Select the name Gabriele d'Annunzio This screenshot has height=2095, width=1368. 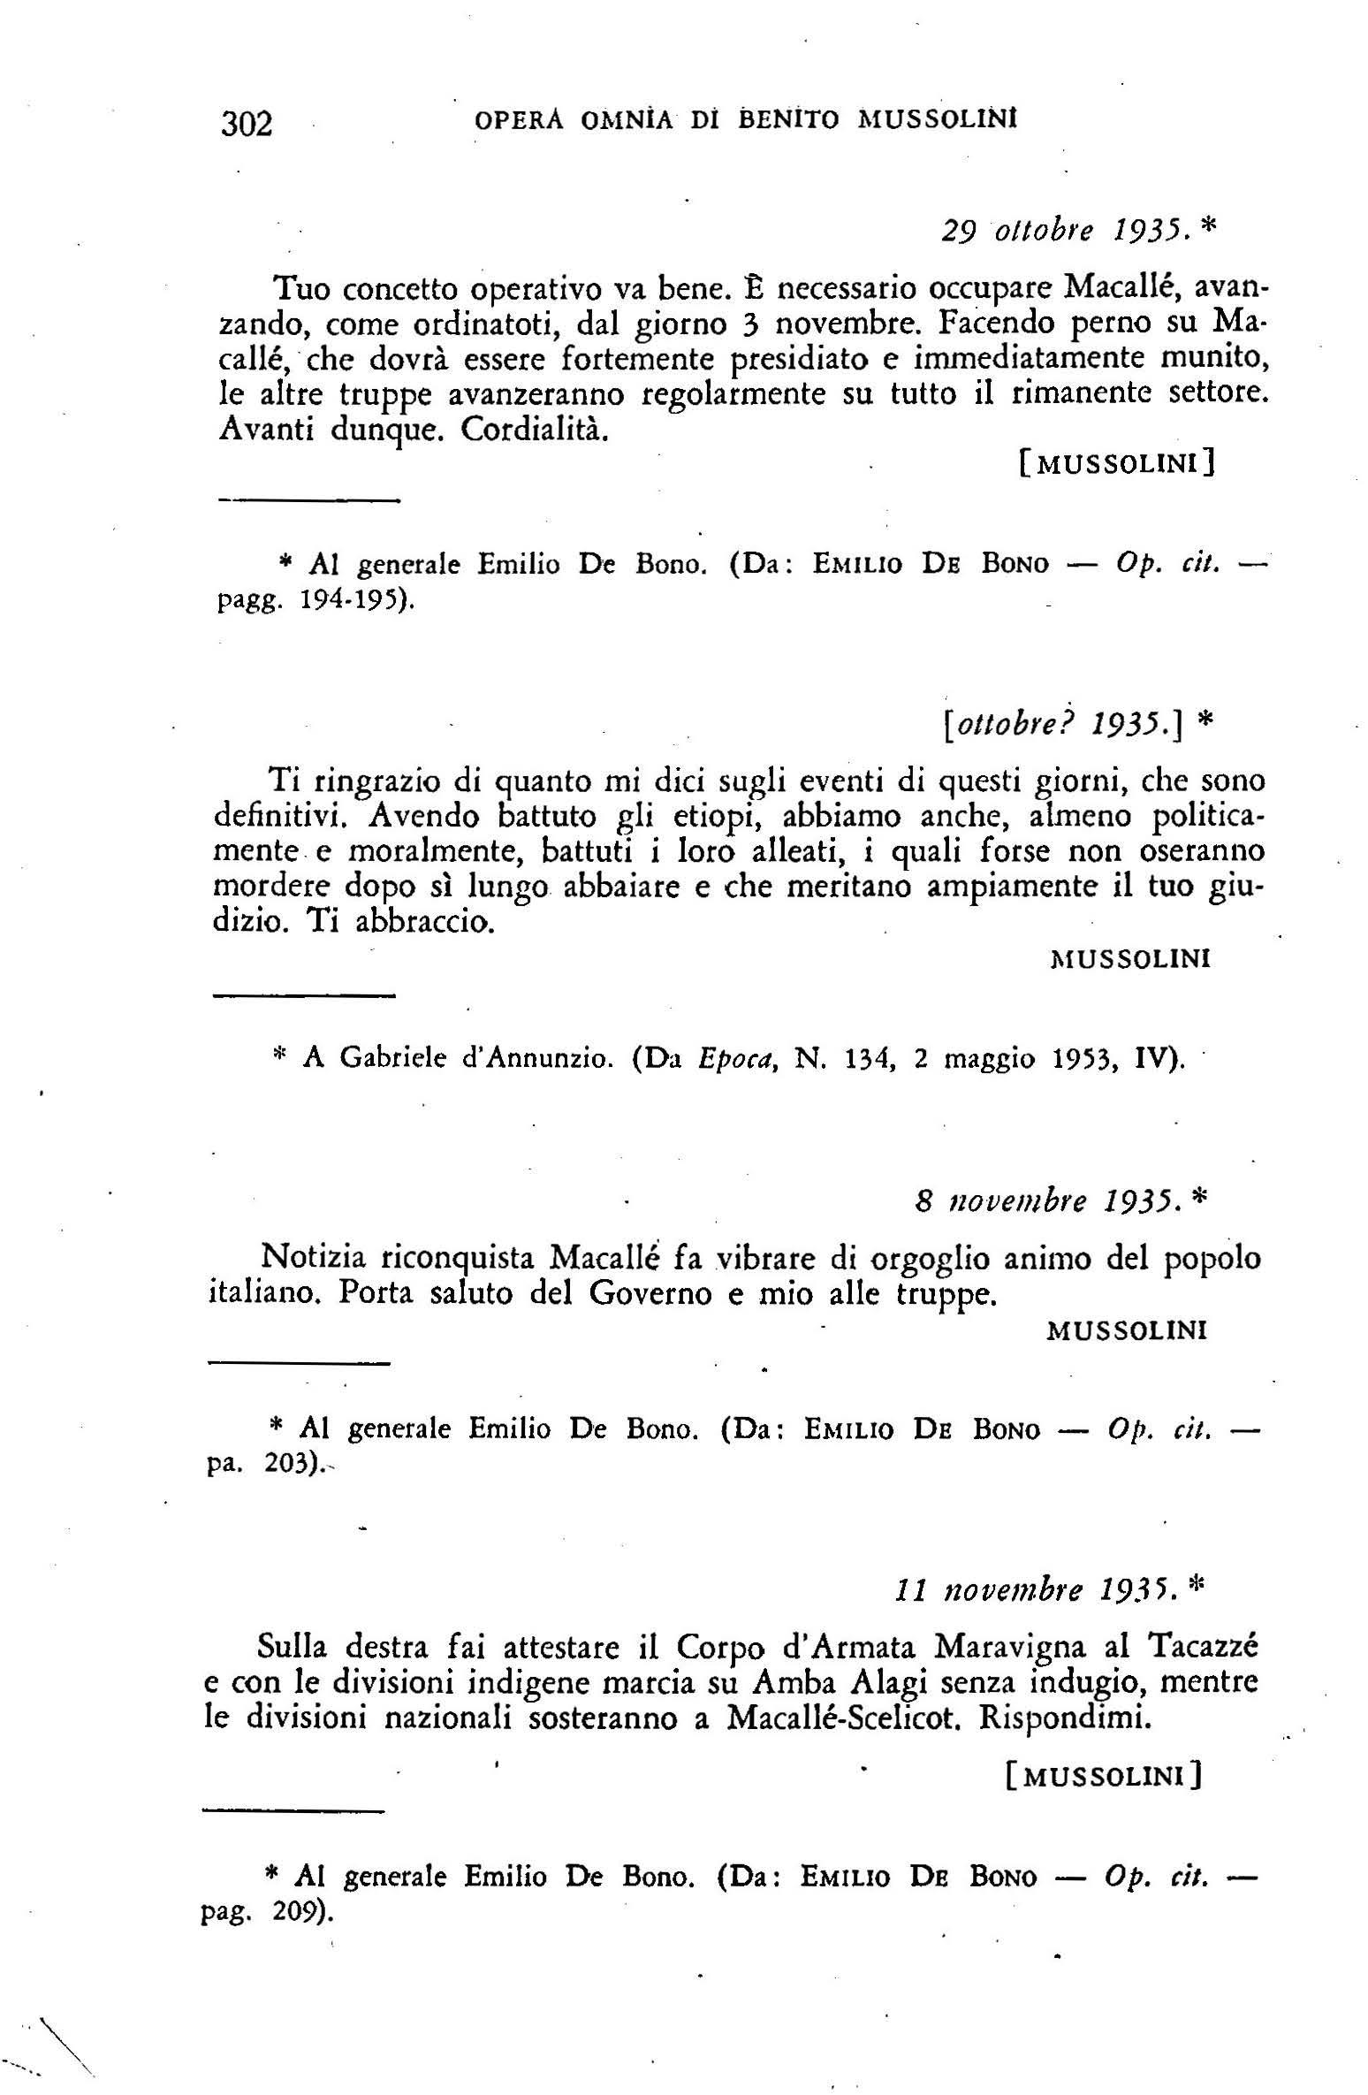tap(458, 1058)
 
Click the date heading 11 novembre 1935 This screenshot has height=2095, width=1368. tap(1036, 1591)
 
